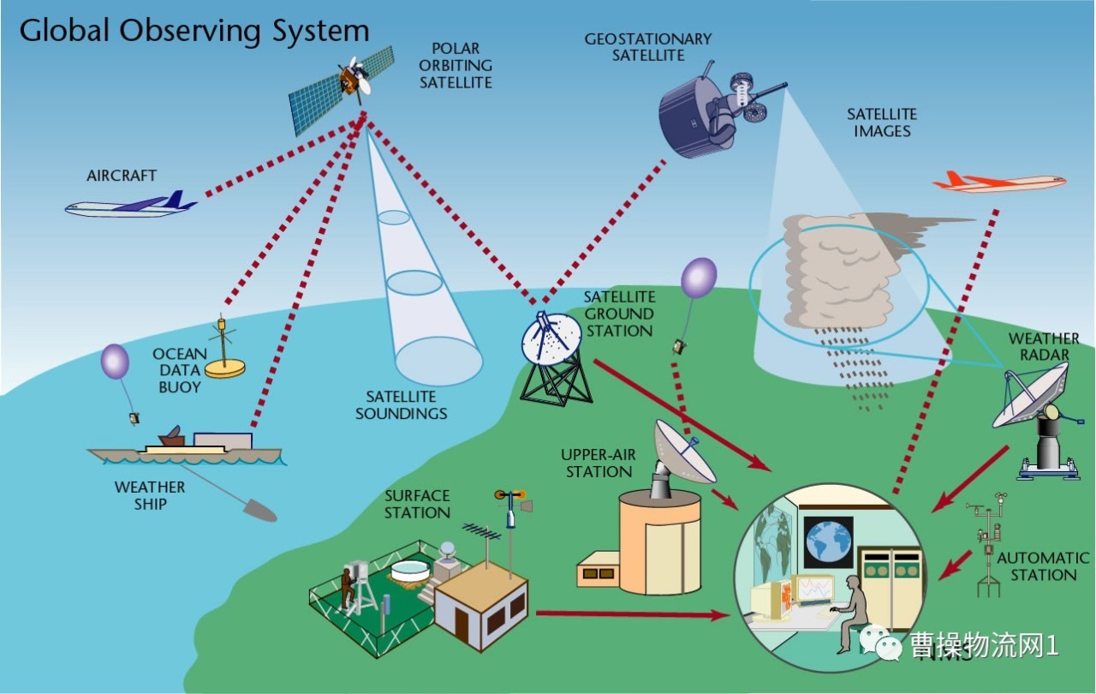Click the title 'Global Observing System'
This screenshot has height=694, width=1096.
coord(194,31)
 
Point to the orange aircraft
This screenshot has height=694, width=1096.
coord(998,182)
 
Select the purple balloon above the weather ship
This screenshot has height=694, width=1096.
coord(115,362)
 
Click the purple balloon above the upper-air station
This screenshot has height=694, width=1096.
coord(699,278)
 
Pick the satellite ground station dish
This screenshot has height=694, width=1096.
coord(551,338)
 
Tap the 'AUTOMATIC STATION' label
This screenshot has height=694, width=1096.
coord(1042,566)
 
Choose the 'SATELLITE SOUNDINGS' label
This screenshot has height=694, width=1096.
coord(401,405)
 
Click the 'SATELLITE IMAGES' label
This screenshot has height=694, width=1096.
coord(881,123)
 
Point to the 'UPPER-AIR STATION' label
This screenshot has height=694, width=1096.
coord(599,463)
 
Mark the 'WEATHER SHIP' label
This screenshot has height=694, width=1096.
coord(150,495)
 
